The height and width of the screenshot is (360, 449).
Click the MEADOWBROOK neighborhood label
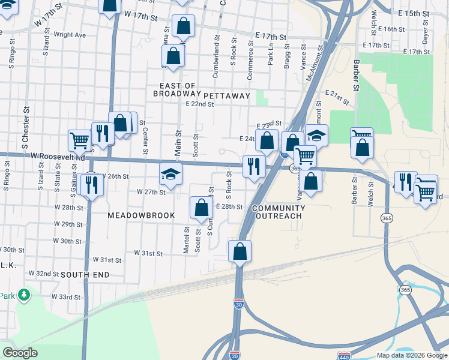point(142,215)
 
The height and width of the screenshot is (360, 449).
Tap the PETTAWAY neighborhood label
point(226,95)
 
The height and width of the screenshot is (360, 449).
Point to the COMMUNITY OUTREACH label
point(279,212)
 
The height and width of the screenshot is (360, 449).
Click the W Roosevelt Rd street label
point(59,156)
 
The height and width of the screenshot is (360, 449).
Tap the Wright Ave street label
point(70,35)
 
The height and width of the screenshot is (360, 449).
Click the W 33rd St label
point(65,296)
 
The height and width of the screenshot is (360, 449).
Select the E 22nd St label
point(200,104)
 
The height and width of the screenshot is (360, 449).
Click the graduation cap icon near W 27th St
point(170,175)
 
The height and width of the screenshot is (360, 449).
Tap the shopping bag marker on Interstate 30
point(240,251)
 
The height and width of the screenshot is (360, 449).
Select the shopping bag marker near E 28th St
point(201,208)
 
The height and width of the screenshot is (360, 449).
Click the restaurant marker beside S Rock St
point(254,166)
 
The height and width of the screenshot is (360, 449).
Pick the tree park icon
point(24,295)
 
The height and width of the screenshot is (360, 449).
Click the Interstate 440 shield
point(344,356)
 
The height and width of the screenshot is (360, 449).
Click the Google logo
point(20,353)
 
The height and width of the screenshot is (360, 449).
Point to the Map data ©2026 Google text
point(411,355)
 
